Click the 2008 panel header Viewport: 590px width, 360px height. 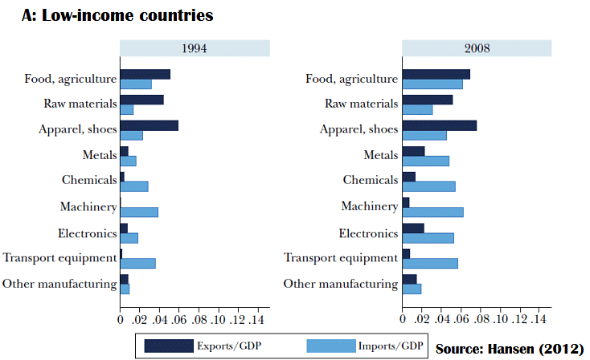477,48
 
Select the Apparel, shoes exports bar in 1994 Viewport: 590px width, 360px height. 149,125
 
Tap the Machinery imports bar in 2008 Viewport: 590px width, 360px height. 432,212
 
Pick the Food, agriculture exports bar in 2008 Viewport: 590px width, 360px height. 436,74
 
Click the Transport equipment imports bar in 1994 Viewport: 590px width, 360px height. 137,263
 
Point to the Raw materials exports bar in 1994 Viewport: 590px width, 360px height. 141,100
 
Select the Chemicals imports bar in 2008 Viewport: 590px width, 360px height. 428,186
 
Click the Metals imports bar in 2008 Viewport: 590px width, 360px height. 425,161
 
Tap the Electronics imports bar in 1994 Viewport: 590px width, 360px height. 129,238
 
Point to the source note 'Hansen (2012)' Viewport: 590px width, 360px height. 508,349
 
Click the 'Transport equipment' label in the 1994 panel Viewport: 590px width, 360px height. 59,257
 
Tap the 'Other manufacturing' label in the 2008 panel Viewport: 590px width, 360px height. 341,283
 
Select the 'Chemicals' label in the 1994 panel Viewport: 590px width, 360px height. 90,180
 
